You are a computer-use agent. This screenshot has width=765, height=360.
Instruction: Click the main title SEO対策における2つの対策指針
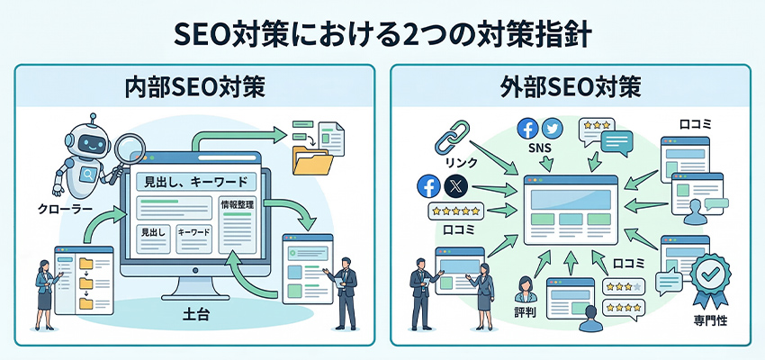pos(382,32)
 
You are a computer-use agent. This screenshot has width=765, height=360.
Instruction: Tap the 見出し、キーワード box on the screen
pos(193,180)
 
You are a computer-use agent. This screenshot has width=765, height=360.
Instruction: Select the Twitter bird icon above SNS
pos(552,128)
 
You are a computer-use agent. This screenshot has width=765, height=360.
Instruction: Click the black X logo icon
pos(455,187)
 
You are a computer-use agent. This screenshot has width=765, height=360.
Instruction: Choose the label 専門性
pos(711,319)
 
